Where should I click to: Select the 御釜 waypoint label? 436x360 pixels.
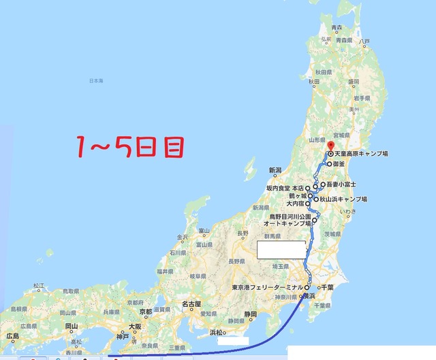342,164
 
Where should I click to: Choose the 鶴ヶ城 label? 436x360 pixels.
297,195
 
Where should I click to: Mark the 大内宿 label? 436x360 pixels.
295,203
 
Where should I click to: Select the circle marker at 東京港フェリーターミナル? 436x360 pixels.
307,288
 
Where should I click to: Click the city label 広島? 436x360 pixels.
12,336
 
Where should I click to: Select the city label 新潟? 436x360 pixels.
275,169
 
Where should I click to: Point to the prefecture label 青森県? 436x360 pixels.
336,28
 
